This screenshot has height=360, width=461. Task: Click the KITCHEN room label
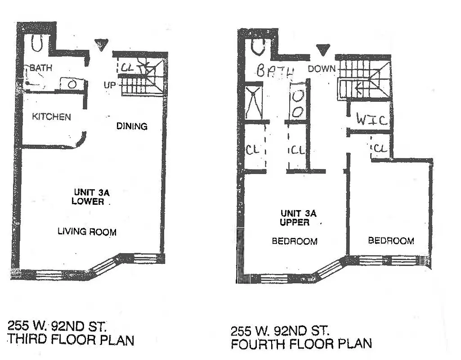[x=51, y=117]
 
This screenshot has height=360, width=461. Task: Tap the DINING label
[x=132, y=126]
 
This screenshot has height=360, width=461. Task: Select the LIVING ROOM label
[x=87, y=232]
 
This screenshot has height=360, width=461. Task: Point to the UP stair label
[x=111, y=85]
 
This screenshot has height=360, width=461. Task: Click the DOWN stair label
[x=322, y=69]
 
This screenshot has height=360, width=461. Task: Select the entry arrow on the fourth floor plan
[x=322, y=49]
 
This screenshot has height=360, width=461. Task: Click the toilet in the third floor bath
[x=37, y=44]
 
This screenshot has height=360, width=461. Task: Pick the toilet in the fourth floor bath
[x=258, y=47]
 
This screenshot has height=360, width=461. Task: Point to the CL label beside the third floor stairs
[x=127, y=67]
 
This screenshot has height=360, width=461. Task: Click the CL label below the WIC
[x=380, y=148]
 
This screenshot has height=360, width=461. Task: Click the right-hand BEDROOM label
[x=391, y=241]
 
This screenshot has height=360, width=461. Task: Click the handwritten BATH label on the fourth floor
[x=275, y=71]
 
